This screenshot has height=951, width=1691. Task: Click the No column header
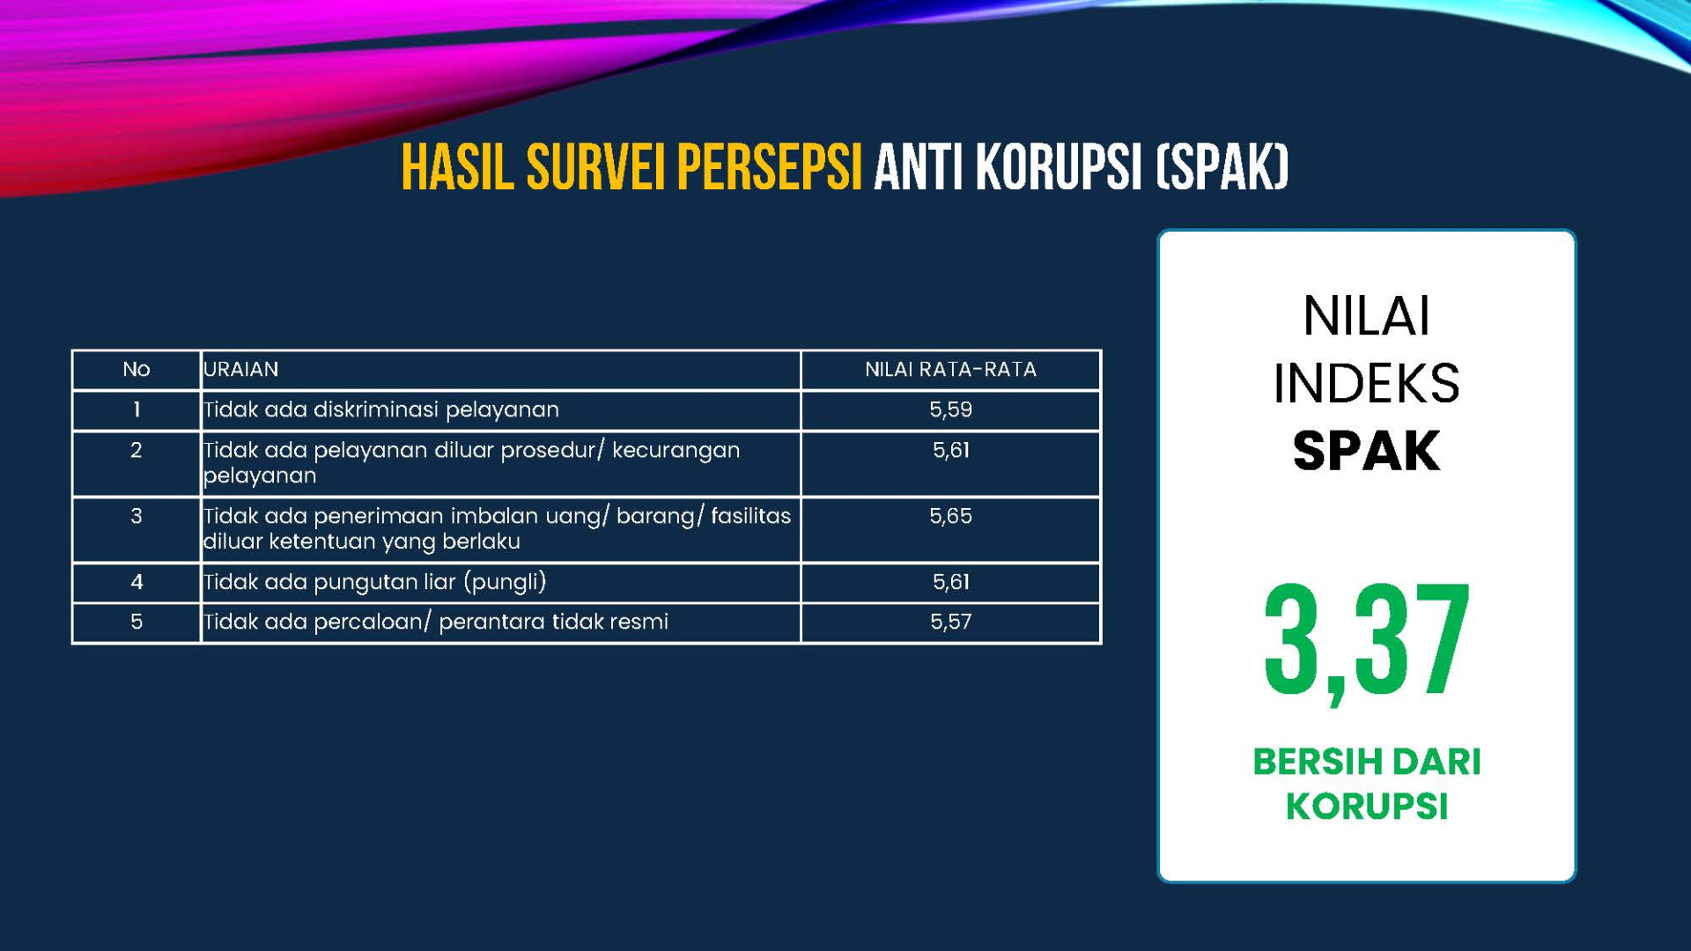(x=137, y=370)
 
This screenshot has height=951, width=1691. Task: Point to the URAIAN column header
(x=241, y=370)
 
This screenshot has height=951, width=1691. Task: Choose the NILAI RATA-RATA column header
(x=950, y=370)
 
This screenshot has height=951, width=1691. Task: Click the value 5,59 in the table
(x=950, y=409)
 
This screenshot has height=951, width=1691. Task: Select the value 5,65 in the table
(x=950, y=516)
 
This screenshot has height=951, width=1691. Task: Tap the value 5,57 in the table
(x=950, y=622)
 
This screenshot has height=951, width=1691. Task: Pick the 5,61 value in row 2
(x=950, y=450)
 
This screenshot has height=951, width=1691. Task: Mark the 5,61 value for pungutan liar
(x=950, y=582)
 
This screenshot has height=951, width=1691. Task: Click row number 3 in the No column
(x=137, y=516)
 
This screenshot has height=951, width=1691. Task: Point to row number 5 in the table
(x=137, y=622)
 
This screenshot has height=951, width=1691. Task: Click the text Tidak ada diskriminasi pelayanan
(x=381, y=410)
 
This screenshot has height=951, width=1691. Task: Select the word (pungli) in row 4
(x=505, y=582)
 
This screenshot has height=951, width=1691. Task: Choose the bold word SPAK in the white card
(x=1366, y=451)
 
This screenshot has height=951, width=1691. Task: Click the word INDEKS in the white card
(x=1366, y=383)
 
